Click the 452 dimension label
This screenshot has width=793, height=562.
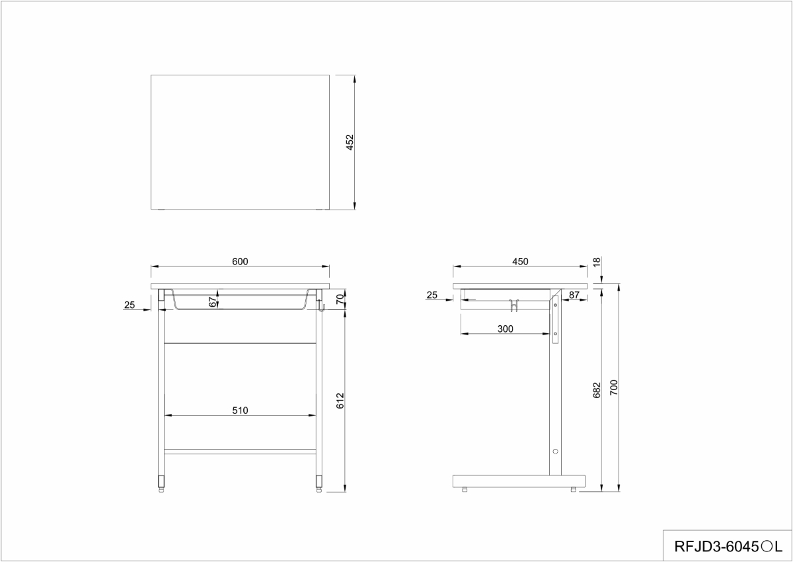pos(350,142)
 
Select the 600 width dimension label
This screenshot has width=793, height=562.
pos(240,261)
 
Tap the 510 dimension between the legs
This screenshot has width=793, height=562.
pos(240,411)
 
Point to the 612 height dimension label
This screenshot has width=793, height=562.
pos(340,401)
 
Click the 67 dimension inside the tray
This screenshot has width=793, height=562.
pos(212,302)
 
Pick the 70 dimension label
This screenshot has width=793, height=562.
pos(340,300)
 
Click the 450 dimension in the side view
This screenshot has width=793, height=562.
pos(520,261)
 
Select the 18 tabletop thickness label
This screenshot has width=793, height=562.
pos(597,262)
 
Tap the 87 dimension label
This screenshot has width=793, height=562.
pos(574,295)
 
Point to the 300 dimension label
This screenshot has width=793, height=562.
pos(505,329)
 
